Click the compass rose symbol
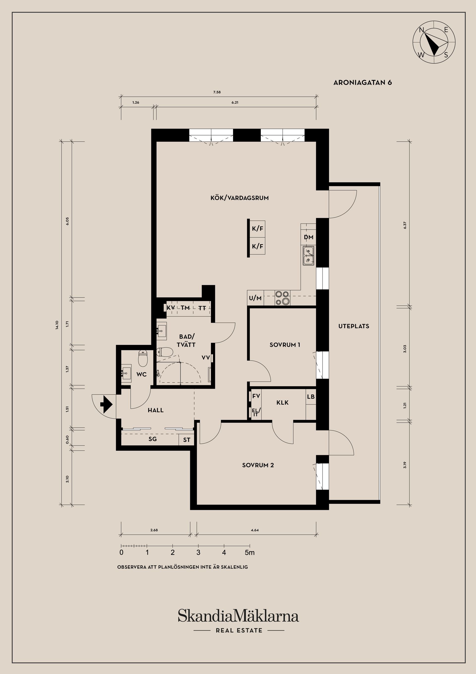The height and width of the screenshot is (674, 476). coord(434,42)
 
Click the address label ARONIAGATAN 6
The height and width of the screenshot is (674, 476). coord(362,82)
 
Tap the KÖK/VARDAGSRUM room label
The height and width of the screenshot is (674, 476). coord(240,198)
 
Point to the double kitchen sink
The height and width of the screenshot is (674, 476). coord(309,255)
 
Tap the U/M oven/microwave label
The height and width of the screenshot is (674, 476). coord(255,298)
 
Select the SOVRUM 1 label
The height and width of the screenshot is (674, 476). coord(285,345)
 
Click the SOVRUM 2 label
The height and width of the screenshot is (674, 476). coord(258,465)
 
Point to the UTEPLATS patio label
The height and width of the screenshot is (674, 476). coord(354,326)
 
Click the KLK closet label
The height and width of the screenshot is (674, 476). coord(282,403)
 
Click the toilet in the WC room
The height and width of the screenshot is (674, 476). coord(143,359)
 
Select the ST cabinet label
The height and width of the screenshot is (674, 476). coord(186,440)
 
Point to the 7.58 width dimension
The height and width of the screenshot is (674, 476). coord(217,92)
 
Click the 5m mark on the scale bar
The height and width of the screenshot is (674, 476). coord(250,552)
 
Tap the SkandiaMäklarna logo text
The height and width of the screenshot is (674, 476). coord(238,616)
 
